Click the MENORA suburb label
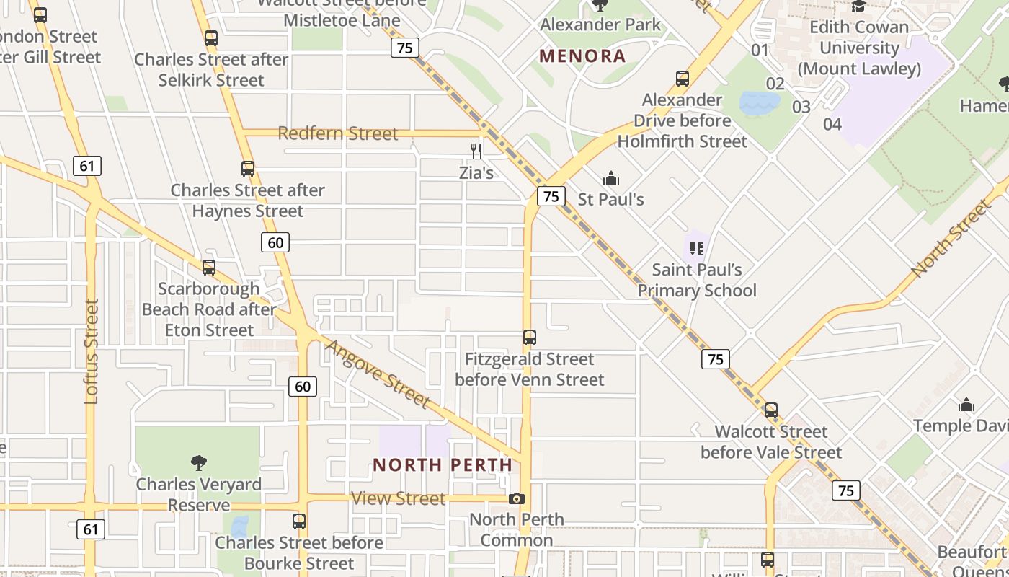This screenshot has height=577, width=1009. [x=582, y=56]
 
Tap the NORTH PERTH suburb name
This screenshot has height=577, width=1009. [x=443, y=465]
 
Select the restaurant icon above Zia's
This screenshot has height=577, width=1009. [x=476, y=151]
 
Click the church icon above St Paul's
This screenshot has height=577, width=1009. [x=611, y=178]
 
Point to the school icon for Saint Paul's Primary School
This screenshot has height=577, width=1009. [x=696, y=249]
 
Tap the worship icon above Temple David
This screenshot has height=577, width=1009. [x=966, y=405]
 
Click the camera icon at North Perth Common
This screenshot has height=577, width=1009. [x=516, y=498]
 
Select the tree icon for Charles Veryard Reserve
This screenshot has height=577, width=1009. [x=199, y=462]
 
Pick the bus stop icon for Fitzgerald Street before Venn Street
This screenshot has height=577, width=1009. [x=530, y=338]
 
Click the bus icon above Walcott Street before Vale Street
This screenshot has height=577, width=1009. [x=771, y=410]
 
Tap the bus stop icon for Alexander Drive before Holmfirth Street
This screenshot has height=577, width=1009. [x=682, y=79]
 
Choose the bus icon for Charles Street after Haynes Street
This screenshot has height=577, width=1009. [x=248, y=169]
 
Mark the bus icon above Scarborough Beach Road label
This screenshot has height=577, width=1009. [x=209, y=268]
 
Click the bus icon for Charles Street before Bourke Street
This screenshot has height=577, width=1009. [x=299, y=521]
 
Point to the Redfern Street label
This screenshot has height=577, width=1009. [x=337, y=133]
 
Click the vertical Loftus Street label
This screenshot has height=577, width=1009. [x=91, y=351]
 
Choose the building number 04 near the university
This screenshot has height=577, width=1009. [x=832, y=124]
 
